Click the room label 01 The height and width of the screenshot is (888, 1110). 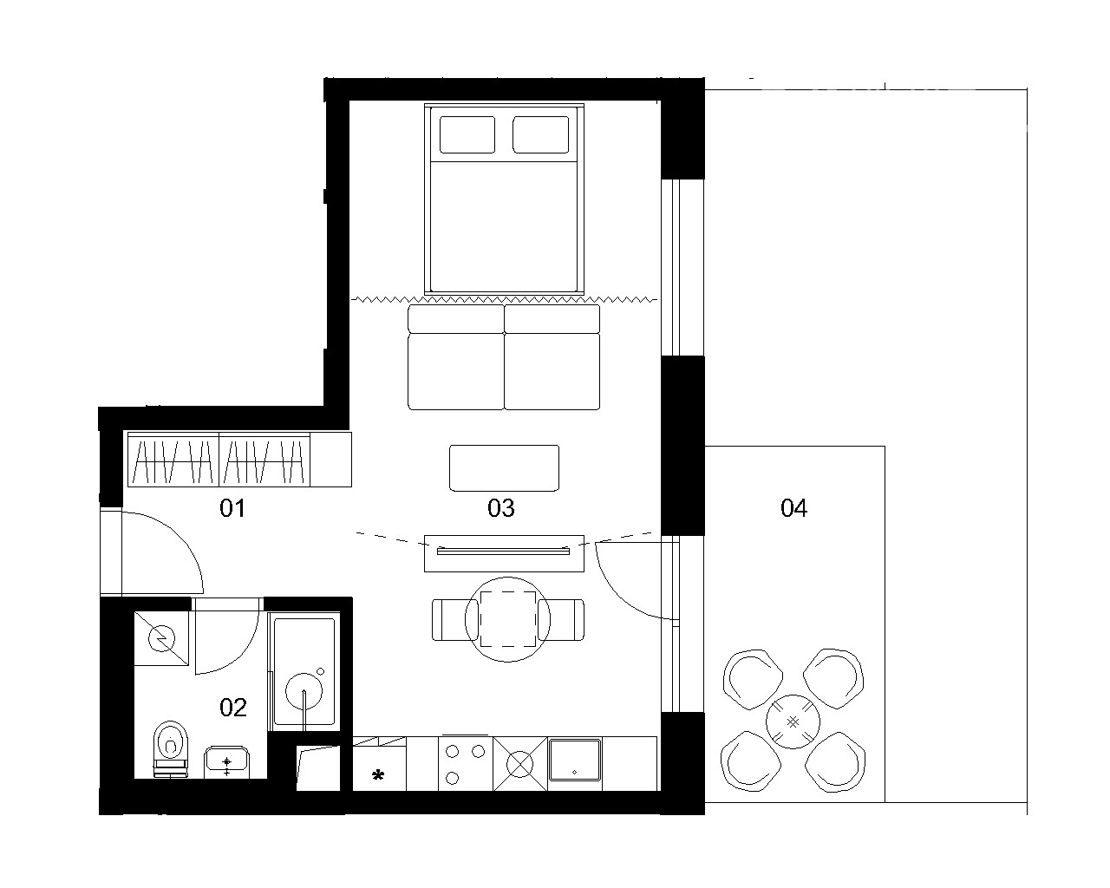[x=232, y=508]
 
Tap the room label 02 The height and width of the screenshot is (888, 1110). [x=233, y=708]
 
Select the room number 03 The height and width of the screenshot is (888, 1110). [x=501, y=508]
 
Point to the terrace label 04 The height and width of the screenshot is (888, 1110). [x=793, y=508]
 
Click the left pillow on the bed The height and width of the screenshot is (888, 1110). [x=467, y=134]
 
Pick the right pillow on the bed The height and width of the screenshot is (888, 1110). [x=540, y=134]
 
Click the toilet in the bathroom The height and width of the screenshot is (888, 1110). [x=171, y=748]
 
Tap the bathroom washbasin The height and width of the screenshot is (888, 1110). [x=226, y=762]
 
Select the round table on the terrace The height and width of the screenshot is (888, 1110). [x=793, y=721]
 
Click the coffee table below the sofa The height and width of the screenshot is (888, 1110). [x=504, y=468]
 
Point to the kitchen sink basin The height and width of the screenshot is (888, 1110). [x=575, y=761]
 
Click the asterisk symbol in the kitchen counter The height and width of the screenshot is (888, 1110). [x=378, y=775]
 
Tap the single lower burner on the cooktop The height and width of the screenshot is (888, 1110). [x=453, y=778]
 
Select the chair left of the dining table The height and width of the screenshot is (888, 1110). [x=448, y=620]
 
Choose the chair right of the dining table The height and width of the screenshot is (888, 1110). [x=561, y=620]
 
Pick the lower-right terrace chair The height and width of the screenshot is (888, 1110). [x=835, y=762]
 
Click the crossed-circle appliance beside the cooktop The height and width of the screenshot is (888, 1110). [x=520, y=764]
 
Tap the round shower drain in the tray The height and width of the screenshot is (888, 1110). [x=304, y=692]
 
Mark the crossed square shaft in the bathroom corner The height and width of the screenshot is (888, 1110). [x=161, y=639]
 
